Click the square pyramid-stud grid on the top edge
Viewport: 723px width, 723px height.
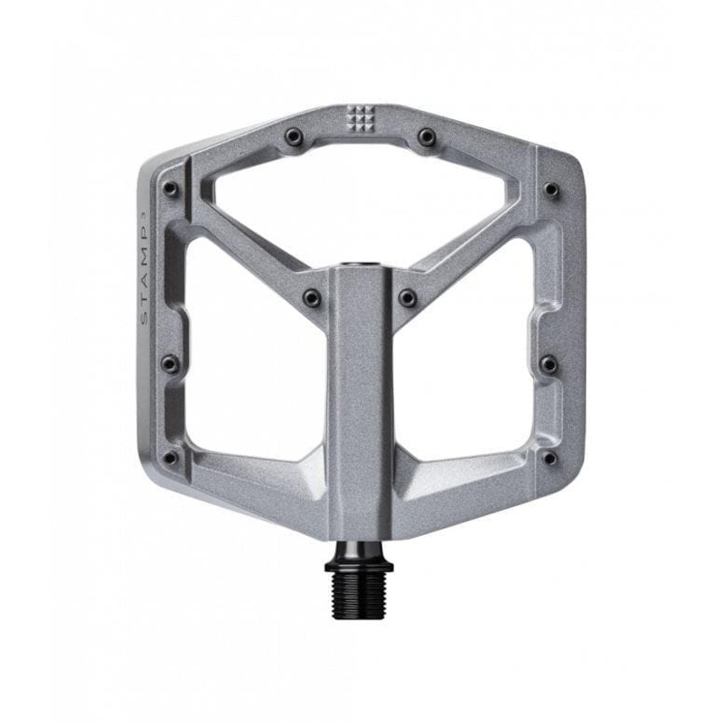pyautogui.click(x=361, y=117)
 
